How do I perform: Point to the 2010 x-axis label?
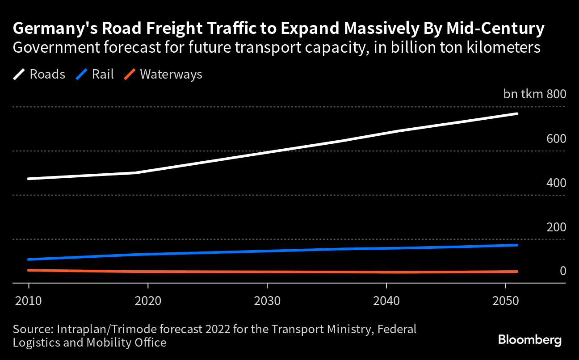[x=29, y=301]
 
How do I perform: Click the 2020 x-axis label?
[x=148, y=301]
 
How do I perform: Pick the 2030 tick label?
[x=267, y=301]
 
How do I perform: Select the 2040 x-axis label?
[x=386, y=301]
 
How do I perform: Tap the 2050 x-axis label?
[x=505, y=301]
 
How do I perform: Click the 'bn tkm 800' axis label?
[x=535, y=94]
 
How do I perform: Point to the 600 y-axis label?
[x=556, y=138]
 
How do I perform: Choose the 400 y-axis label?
[x=556, y=183]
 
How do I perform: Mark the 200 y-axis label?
[x=556, y=227]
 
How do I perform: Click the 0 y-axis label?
[x=562, y=271]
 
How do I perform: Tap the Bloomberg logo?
[x=530, y=340]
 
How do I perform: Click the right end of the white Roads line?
[x=517, y=114]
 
